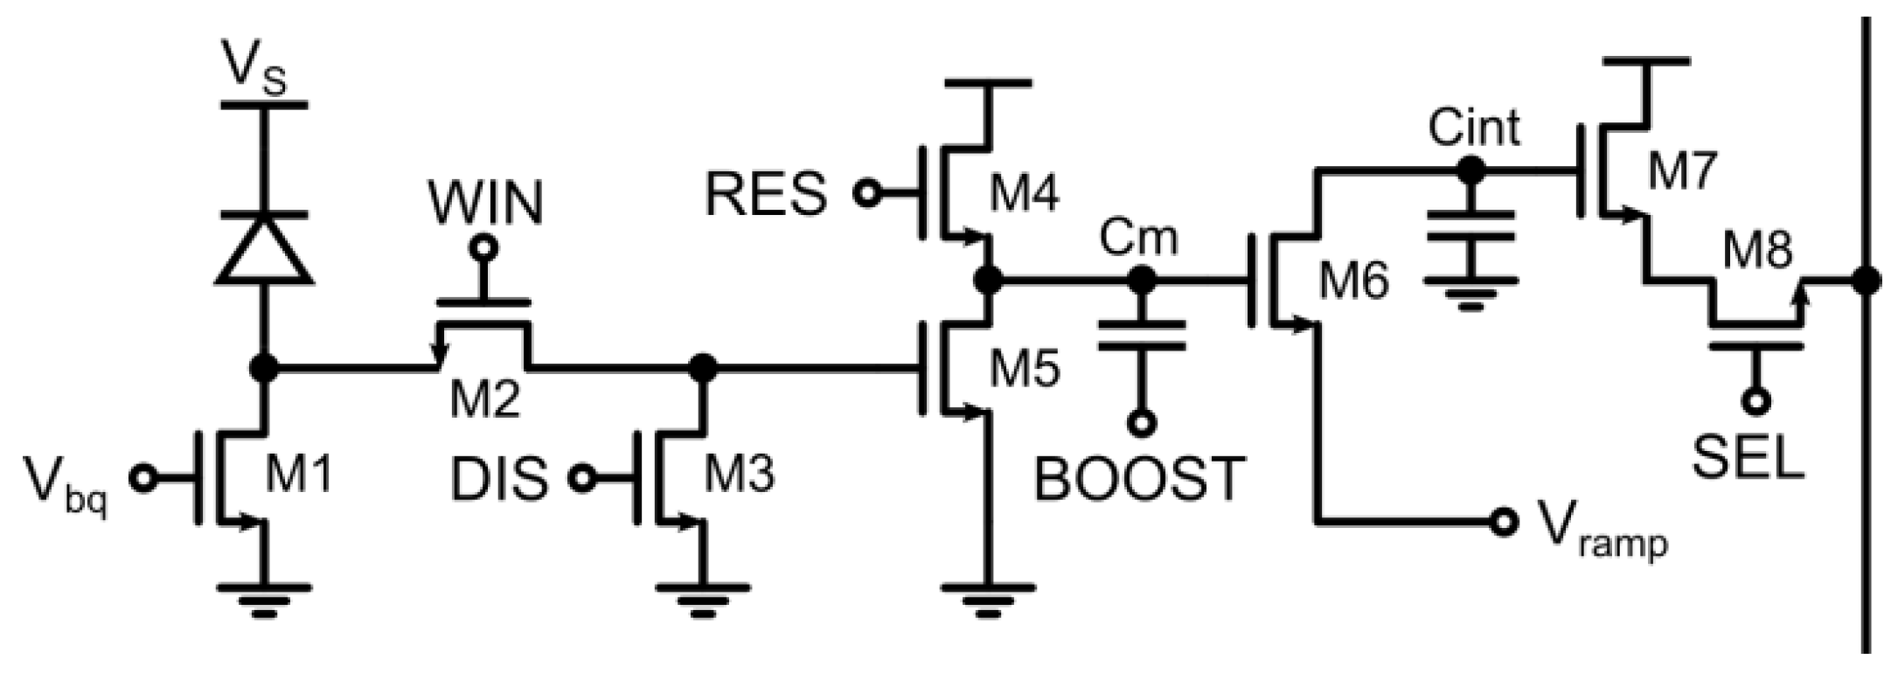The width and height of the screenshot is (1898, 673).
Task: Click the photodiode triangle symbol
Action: click(x=263, y=249)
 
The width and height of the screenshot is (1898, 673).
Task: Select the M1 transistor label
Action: click(x=298, y=477)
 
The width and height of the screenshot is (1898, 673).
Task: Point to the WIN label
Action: click(x=485, y=203)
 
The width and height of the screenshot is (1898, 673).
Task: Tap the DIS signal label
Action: click(x=499, y=480)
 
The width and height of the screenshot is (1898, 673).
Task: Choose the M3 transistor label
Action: click(x=739, y=477)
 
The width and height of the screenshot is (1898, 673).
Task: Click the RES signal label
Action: click(x=765, y=194)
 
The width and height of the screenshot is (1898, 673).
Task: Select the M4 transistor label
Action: click(x=1024, y=193)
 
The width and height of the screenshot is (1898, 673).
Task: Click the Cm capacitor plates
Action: click(x=1140, y=336)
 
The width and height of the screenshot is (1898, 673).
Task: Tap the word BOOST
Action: click(x=1138, y=480)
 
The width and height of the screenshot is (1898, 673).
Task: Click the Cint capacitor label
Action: click(x=1474, y=128)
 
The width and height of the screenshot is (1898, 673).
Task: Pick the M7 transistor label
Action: click(x=1682, y=171)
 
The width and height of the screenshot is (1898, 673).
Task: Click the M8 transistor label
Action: click(x=1757, y=252)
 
